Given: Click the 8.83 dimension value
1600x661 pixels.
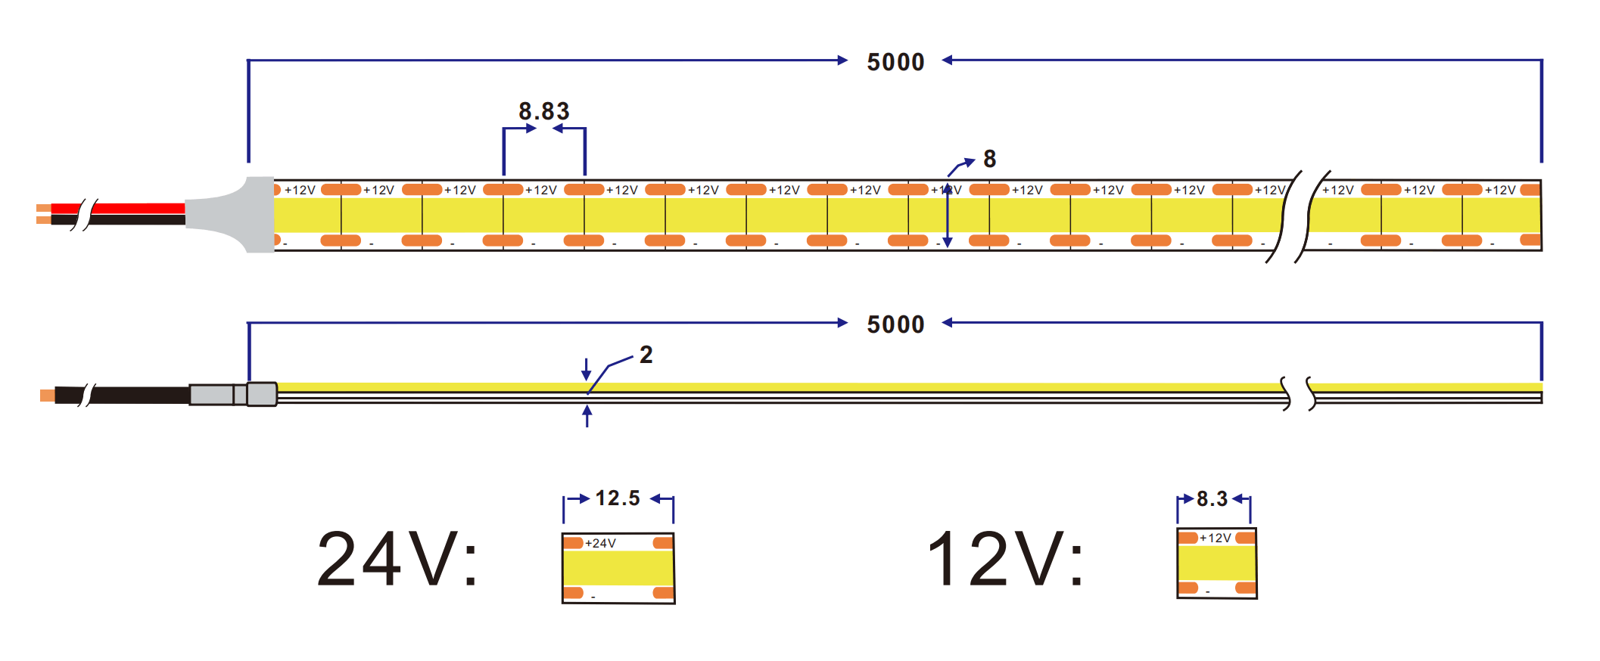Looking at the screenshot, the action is (x=543, y=111).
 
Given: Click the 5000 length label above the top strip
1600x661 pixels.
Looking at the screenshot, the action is (x=895, y=62).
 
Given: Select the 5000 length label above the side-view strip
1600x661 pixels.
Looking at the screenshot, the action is (x=895, y=324).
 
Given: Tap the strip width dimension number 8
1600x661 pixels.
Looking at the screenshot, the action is (x=989, y=159).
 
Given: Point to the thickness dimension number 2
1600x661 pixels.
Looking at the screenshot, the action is (x=646, y=354).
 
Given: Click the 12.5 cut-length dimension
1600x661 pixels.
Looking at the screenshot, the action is (x=618, y=498).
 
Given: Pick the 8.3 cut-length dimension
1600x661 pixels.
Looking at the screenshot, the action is (x=1212, y=499).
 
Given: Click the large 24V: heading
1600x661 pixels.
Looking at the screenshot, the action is (x=397, y=559).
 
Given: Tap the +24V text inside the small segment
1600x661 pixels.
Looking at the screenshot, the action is (x=600, y=543).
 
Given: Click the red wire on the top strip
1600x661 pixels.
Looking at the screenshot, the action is (x=118, y=208).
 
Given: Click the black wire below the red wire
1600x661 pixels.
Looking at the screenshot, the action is (x=118, y=220).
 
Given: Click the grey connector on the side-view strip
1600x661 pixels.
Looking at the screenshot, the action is (x=233, y=394).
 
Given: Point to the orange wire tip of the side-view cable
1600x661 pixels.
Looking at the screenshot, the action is (x=47, y=396).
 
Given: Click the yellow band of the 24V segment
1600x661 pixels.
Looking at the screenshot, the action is (x=618, y=568).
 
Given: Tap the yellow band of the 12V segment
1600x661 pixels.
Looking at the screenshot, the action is (x=1216, y=563).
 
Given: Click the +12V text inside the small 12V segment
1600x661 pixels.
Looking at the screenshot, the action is (x=1216, y=538).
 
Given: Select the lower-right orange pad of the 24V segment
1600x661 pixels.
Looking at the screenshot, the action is (x=663, y=592).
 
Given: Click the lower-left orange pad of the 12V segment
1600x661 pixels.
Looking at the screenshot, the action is (x=1188, y=588).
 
